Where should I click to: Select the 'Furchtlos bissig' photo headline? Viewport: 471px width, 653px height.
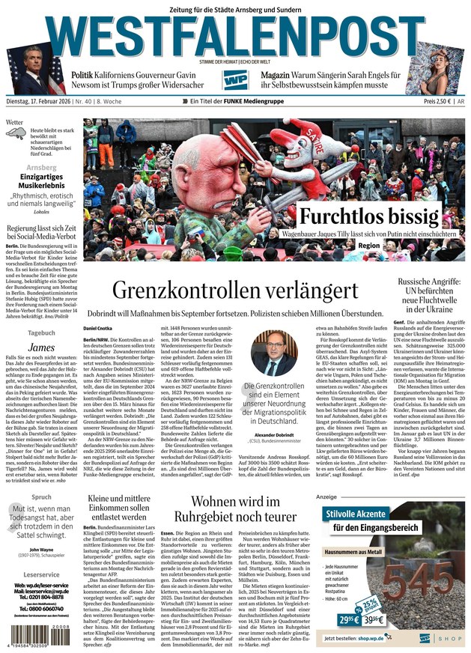369,216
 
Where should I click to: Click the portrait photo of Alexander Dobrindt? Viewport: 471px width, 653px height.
274,356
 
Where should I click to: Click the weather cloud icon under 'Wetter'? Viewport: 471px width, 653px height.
16,134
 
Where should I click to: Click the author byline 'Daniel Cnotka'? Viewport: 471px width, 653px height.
98,328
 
